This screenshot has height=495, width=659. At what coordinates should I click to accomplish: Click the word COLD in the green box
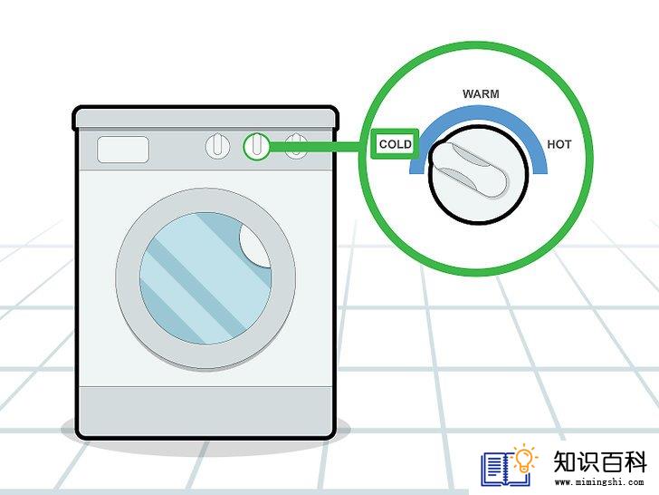click(x=395, y=144)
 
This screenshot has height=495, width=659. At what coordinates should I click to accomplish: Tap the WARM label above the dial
click(x=481, y=94)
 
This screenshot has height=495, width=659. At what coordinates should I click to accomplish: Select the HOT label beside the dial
click(x=559, y=144)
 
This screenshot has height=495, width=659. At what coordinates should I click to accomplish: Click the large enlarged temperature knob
click(x=478, y=174)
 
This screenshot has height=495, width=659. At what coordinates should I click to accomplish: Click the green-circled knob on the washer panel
click(x=256, y=146)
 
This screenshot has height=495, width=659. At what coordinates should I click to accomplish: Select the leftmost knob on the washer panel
click(x=217, y=146)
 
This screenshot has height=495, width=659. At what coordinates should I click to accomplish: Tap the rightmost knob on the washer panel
click(x=296, y=146)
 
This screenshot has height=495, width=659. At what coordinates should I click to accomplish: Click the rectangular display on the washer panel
click(x=123, y=149)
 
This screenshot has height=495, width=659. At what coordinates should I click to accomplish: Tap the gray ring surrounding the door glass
click(x=126, y=278)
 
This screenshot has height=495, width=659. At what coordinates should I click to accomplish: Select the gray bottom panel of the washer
click(x=205, y=412)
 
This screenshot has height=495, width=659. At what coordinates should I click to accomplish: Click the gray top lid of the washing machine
click(x=205, y=118)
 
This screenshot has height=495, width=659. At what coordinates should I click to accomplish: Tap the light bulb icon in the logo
click(x=524, y=460)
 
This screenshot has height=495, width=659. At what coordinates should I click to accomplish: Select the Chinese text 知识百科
click(x=600, y=461)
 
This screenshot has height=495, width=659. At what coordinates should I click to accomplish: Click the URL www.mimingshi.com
click(x=599, y=482)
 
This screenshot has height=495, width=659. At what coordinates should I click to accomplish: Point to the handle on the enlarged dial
click(x=472, y=170)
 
